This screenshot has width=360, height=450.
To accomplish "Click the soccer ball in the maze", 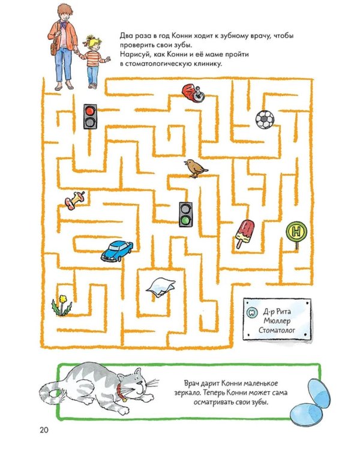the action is [265, 119].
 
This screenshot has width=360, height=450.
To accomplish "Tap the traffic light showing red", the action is [90, 116].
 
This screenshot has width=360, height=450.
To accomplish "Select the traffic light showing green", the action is [186, 214].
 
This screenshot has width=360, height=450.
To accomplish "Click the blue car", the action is [117, 251].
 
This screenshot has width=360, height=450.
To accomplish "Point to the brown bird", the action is [196, 169].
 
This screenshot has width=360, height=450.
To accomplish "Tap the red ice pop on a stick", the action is [245, 233].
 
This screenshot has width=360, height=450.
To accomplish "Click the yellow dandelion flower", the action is [62, 305].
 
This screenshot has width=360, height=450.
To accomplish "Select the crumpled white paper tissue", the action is [161, 287].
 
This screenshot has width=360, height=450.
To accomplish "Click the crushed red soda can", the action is [193, 93].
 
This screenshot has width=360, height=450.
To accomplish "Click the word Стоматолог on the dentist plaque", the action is [277, 330].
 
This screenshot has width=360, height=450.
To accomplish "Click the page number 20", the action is [44, 430].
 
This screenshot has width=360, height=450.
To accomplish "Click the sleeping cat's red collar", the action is [121, 391].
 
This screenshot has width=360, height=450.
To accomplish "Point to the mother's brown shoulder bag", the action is [55, 48].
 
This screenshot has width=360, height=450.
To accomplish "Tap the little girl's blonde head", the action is [93, 43].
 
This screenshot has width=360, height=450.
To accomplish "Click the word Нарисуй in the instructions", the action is [133, 54].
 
